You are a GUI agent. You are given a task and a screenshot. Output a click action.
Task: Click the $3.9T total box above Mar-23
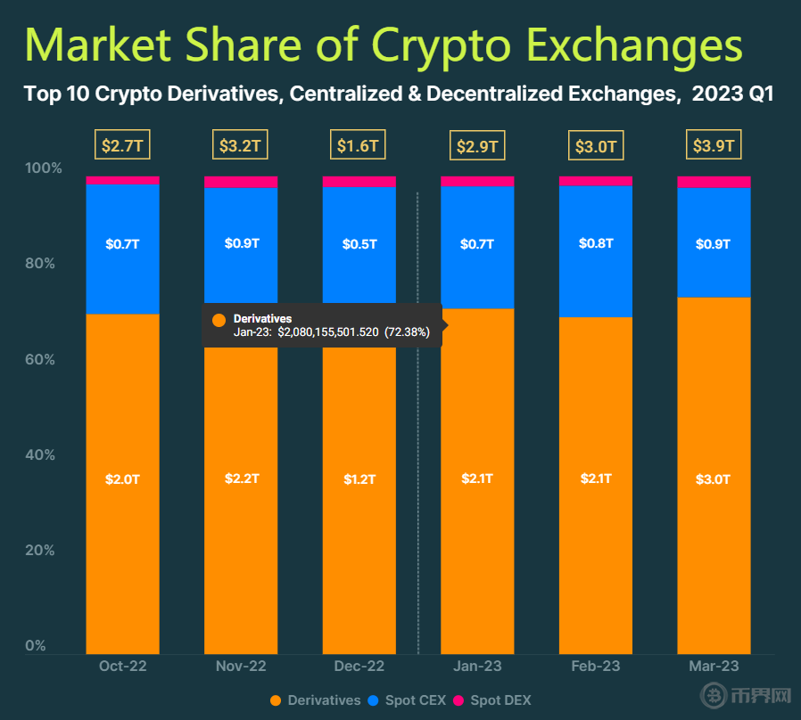[x=713, y=145]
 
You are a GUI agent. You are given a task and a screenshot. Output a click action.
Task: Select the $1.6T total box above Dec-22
[x=359, y=145]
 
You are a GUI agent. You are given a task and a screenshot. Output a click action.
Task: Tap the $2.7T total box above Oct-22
[x=122, y=145]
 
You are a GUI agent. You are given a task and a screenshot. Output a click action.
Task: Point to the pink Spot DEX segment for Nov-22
[x=241, y=182]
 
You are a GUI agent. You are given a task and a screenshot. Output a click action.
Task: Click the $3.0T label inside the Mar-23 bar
[x=713, y=479]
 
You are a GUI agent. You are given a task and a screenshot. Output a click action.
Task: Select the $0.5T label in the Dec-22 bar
[x=359, y=243]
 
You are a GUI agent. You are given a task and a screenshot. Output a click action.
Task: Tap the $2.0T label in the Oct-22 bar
[x=122, y=479]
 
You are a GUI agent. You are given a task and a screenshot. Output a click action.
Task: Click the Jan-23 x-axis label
[x=477, y=667]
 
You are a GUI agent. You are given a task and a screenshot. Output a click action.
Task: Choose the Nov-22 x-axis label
[x=241, y=667]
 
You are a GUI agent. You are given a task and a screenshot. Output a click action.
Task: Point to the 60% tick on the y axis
[x=38, y=359]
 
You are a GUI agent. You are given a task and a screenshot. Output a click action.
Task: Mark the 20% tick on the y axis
[x=38, y=551]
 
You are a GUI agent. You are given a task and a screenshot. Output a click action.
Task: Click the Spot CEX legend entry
[x=407, y=700]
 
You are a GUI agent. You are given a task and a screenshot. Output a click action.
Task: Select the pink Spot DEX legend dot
[x=459, y=700]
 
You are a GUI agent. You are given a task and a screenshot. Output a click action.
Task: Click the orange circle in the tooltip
[x=219, y=319]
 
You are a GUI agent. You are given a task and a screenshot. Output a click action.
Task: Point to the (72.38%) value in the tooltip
[x=407, y=332]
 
